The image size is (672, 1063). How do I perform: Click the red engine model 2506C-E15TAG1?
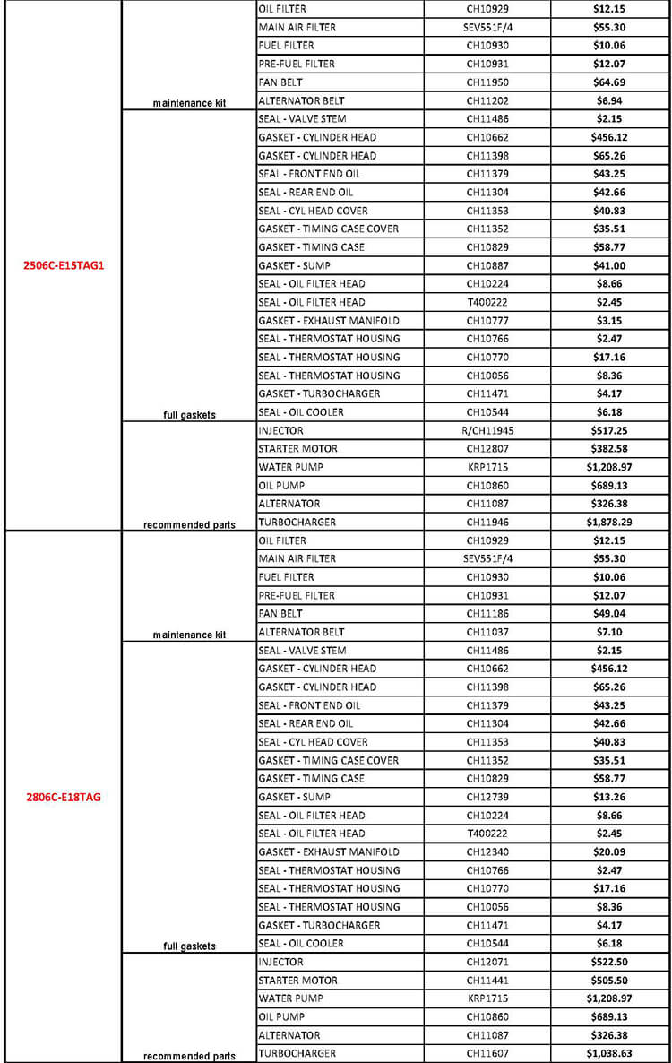pos(65,265)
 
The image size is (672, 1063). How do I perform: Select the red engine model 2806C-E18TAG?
pos(65,797)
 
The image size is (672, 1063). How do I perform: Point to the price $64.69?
pos(608,82)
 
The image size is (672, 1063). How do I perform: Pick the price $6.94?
pos(608,100)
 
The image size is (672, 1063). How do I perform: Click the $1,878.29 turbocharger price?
pos(608,522)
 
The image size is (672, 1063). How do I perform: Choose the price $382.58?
pos(608,448)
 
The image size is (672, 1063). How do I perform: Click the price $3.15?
pos(608,320)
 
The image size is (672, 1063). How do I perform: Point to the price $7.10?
pos(608,632)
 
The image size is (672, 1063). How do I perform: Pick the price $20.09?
pos(608,851)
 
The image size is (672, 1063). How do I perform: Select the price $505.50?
pos(608,980)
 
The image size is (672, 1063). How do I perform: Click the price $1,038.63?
pos(608,1053)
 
